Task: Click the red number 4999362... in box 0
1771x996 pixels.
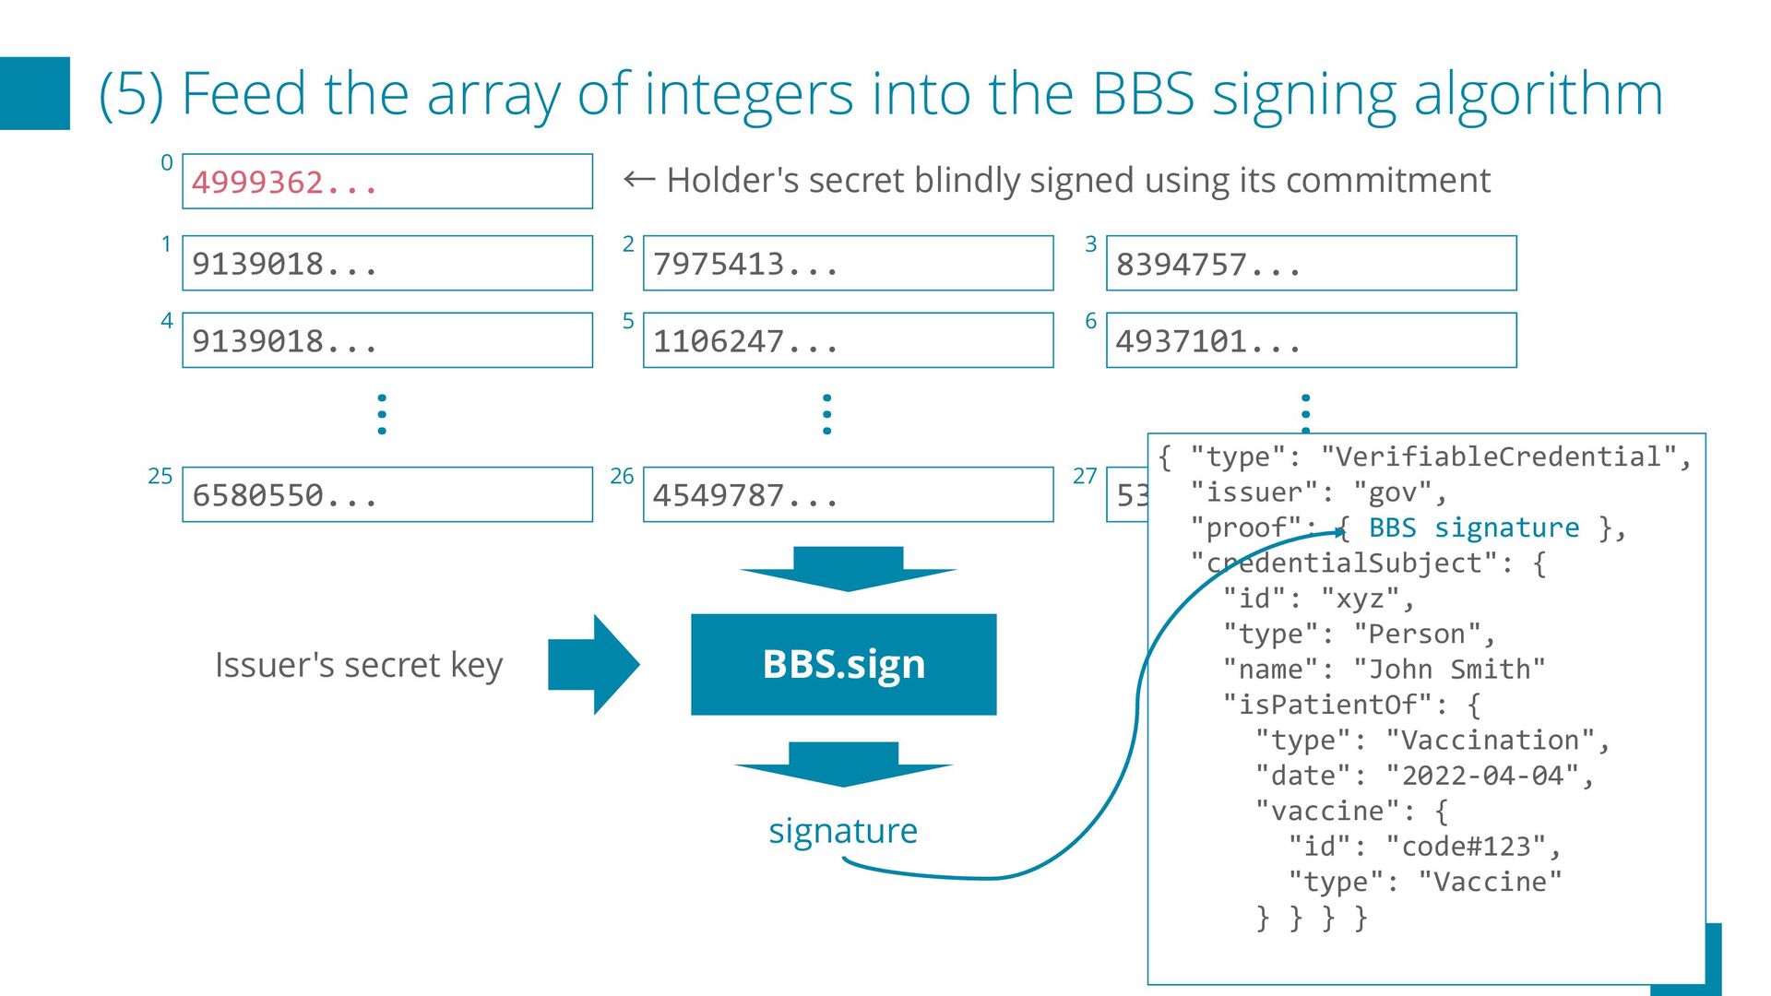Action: pyautogui.click(x=284, y=183)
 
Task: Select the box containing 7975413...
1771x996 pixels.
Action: pyautogui.click(x=848, y=264)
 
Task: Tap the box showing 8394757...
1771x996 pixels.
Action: pyautogui.click(x=1311, y=264)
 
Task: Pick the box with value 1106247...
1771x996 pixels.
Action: pyautogui.click(x=848, y=341)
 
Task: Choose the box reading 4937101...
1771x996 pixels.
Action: pyautogui.click(x=1311, y=341)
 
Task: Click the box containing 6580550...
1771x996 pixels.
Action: pyautogui.click(x=386, y=495)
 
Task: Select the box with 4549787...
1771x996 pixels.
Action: pyautogui.click(x=848, y=495)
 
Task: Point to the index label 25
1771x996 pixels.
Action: pyautogui.click(x=160, y=476)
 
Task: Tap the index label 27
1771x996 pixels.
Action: pyautogui.click(x=1085, y=476)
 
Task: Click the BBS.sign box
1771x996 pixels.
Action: pyautogui.click(x=843, y=664)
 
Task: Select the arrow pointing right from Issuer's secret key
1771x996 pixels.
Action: pyautogui.click(x=593, y=664)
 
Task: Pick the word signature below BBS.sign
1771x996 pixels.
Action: pyautogui.click(x=843, y=831)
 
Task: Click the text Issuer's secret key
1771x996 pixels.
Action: pyautogui.click(x=359, y=665)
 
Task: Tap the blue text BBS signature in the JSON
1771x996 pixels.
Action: pyautogui.click(x=1473, y=528)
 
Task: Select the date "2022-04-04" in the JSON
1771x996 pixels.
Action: pyautogui.click(x=1482, y=776)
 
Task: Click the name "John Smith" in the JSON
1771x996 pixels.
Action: pyautogui.click(x=1449, y=670)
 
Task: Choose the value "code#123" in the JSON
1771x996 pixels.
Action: pyautogui.click(x=1466, y=847)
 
